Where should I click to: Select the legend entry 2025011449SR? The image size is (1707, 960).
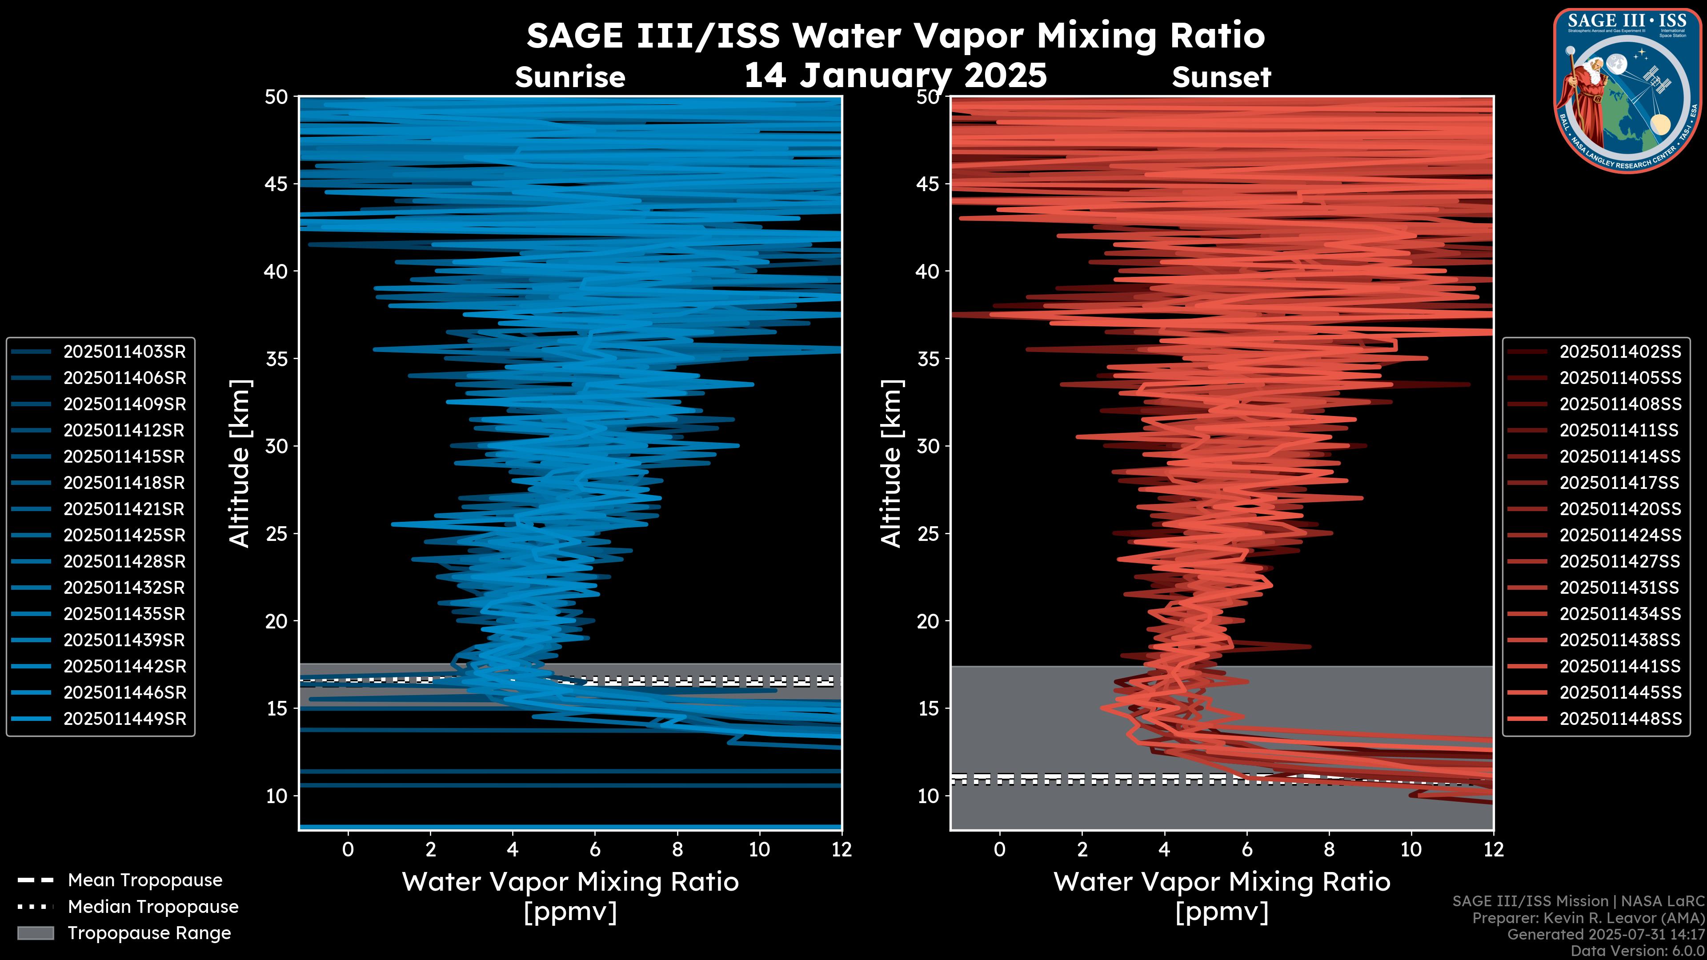(x=124, y=719)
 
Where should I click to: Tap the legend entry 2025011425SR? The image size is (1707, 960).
(x=124, y=535)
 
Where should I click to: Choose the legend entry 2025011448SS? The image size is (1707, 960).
(x=1619, y=719)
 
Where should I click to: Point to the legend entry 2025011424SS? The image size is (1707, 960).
(x=1619, y=535)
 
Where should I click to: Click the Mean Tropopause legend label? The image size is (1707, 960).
(x=144, y=880)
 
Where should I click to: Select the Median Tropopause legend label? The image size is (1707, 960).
(x=152, y=907)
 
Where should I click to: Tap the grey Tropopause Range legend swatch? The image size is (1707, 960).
(x=36, y=933)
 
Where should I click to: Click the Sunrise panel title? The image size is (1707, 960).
(x=570, y=77)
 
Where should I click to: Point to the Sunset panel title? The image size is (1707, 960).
(x=1221, y=77)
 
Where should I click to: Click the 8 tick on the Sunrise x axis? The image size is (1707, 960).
(x=677, y=849)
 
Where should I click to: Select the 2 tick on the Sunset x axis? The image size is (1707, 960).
(x=1082, y=849)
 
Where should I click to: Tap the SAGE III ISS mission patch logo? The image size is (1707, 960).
(x=1627, y=90)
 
